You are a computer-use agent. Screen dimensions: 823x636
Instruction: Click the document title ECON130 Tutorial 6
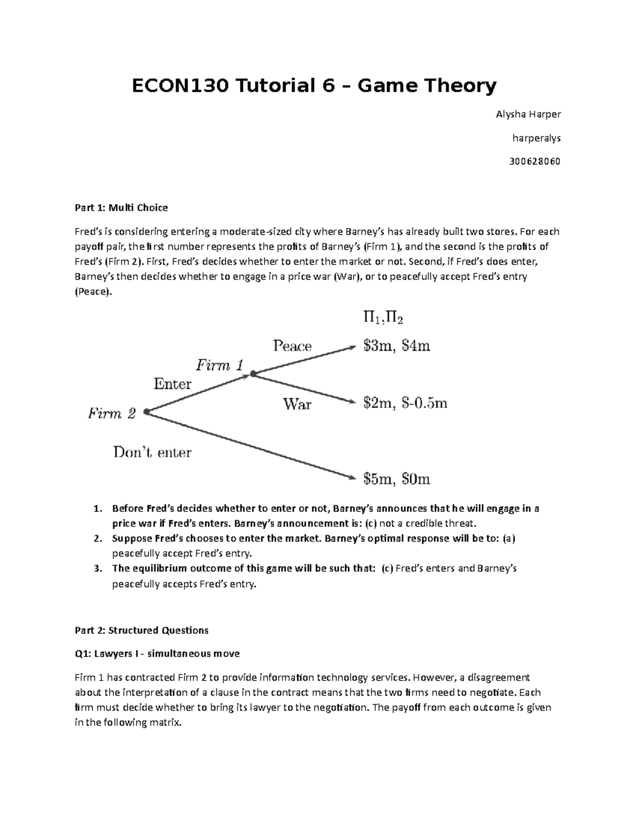[x=314, y=85]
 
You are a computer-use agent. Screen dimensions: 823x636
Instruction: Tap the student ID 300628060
[x=534, y=161]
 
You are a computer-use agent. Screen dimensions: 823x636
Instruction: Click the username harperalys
[x=536, y=138]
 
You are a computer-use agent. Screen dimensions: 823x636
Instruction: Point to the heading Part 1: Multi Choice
[x=121, y=208]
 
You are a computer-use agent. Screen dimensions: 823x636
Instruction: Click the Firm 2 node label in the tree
[x=112, y=413]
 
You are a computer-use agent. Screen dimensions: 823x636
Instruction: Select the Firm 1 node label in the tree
[x=219, y=365]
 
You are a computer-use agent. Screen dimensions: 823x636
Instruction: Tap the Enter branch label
[x=172, y=384]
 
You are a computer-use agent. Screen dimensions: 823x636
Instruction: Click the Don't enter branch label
[x=152, y=452]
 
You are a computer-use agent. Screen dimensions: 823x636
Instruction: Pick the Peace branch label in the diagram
[x=292, y=346]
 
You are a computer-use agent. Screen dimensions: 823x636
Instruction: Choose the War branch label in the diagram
[x=297, y=404]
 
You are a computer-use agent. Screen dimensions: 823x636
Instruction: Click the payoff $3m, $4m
[x=396, y=346]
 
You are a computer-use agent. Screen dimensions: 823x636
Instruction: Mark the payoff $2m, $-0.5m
[x=405, y=403]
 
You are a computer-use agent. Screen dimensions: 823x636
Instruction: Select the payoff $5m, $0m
[x=396, y=480]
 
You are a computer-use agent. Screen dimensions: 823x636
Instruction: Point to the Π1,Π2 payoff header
[x=384, y=318]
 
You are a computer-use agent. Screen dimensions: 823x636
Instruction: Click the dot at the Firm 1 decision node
[x=253, y=374]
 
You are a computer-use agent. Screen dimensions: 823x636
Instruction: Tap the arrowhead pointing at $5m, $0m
[x=350, y=477]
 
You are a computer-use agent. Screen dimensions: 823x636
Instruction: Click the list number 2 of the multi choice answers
[x=97, y=539]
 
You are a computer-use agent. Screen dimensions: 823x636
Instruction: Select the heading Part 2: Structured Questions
[x=142, y=630]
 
